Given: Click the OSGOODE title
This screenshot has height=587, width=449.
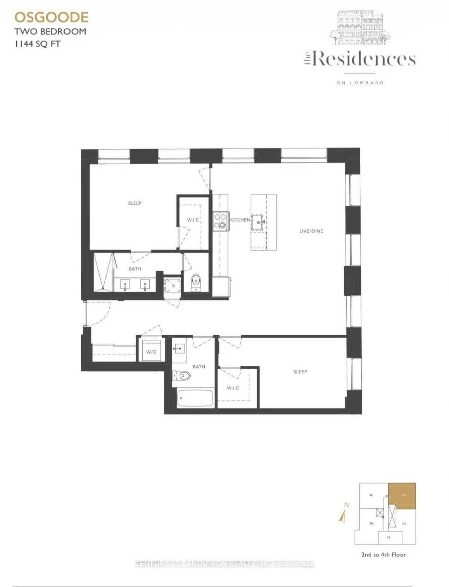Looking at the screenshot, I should tap(52, 17).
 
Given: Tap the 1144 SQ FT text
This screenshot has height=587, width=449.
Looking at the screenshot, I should tap(38, 44).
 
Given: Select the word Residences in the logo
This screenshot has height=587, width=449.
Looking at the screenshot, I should tap(364, 59).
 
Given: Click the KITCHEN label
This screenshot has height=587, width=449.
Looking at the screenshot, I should tap(240, 220).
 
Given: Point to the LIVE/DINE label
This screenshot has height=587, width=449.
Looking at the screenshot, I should tap(311, 231).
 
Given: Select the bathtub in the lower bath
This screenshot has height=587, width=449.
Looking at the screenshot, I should tap(195, 398).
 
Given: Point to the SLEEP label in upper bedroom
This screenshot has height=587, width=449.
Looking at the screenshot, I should tap(135, 203).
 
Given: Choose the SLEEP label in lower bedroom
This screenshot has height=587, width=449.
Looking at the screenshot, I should tap(300, 372).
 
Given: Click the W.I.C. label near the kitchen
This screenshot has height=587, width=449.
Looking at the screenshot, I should tap(193, 220).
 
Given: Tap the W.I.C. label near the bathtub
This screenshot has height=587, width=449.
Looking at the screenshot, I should tap(233, 388).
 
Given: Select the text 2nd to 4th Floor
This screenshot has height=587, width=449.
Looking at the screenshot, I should tap(383, 554).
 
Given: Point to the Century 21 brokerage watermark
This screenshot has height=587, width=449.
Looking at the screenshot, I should tap(224, 564).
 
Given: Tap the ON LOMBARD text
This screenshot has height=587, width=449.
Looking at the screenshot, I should tap(360, 83).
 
